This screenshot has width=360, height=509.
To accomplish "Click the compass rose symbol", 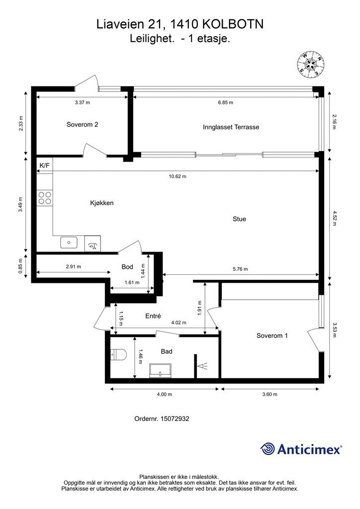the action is click(x=311, y=65).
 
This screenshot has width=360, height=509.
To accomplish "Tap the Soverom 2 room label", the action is click(x=83, y=124).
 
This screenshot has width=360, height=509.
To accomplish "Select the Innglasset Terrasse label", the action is click(x=231, y=127).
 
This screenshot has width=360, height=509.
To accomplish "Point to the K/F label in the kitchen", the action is click(x=44, y=166).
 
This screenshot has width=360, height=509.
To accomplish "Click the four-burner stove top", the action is click(x=45, y=198).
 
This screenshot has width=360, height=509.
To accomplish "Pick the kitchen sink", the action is click(x=69, y=243).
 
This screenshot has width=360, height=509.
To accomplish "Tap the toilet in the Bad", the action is click(x=118, y=354).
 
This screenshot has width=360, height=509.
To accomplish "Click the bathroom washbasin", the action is click(x=160, y=370).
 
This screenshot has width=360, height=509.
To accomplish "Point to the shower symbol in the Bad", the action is click(x=202, y=366).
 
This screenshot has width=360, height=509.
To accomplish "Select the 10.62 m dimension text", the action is click(x=178, y=176).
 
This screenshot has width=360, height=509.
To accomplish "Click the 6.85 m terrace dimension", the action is click(x=226, y=102).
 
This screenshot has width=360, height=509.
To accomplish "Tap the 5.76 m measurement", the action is click(x=240, y=269).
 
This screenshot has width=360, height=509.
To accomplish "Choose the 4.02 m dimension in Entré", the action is click(x=179, y=323).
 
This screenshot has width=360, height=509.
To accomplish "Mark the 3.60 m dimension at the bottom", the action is click(x=270, y=394).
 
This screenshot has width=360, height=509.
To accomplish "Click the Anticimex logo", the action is click(x=301, y=449).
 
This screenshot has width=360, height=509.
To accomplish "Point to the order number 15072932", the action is click(x=162, y=419).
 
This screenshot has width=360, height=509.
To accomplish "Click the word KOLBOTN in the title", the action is click(x=233, y=24).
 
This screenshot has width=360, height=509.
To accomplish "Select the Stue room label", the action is click(x=239, y=219).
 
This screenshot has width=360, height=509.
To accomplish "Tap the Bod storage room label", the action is click(x=127, y=267).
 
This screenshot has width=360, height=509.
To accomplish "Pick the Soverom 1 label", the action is click(x=272, y=336).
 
